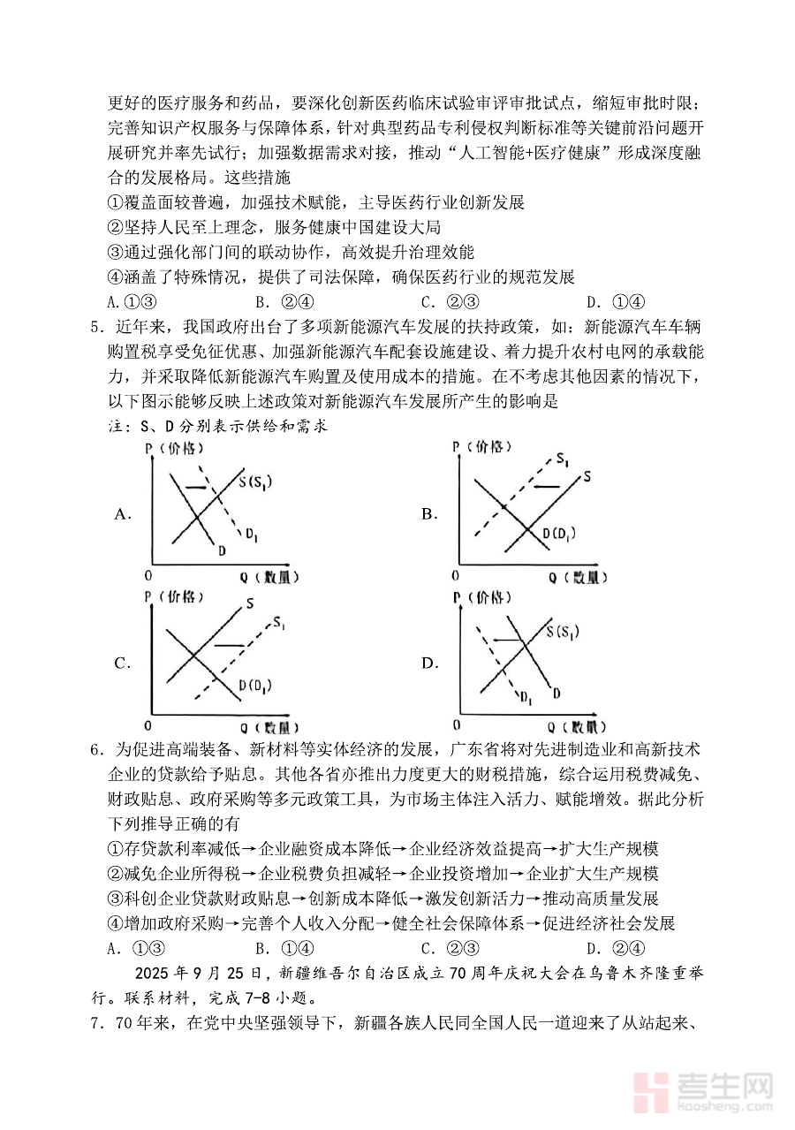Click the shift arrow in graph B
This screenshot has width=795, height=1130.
549,487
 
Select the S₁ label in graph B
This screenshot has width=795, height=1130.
562,459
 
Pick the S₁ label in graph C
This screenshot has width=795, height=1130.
279,625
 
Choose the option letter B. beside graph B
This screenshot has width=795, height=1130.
430,513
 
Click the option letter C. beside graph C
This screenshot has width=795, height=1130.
123,663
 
